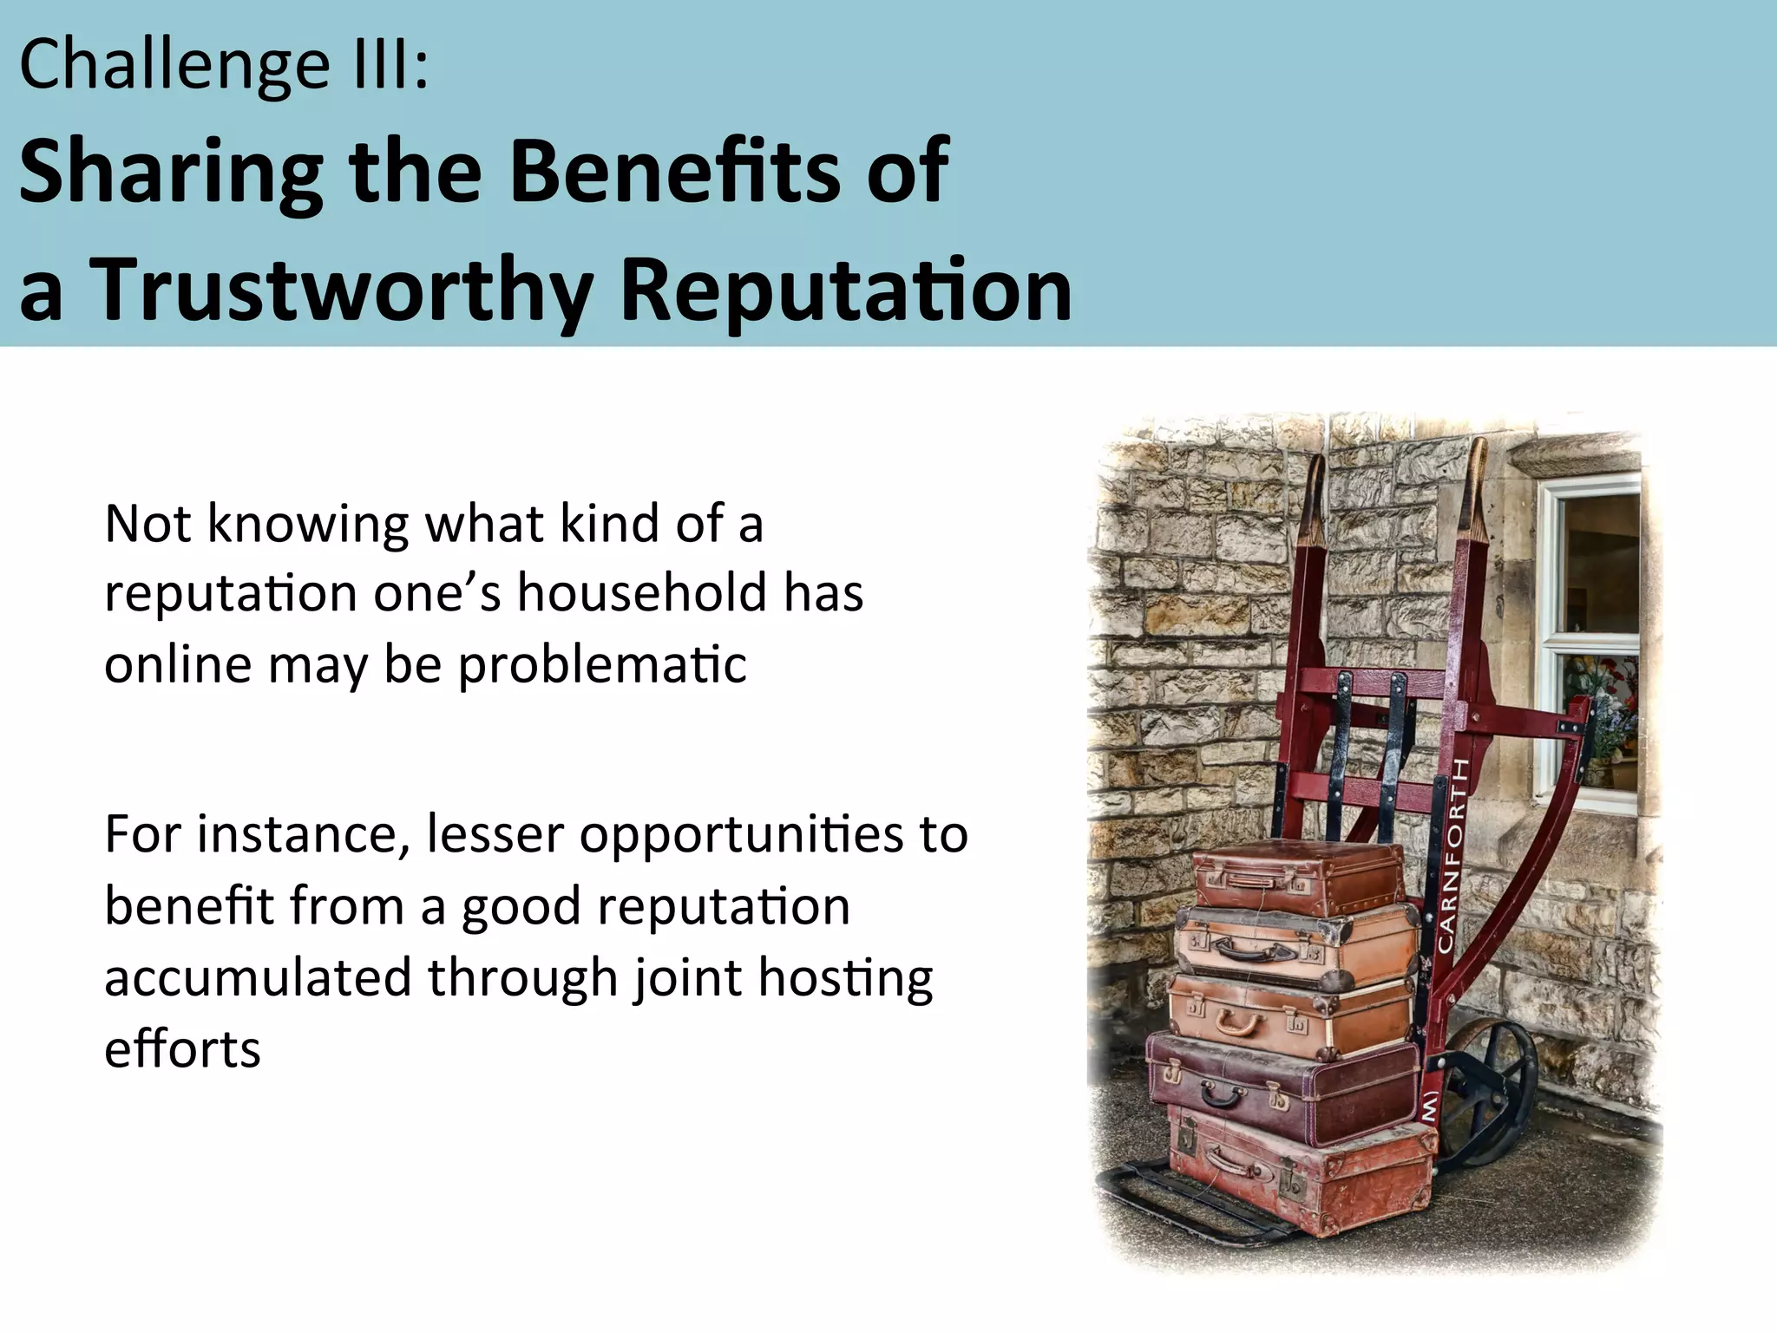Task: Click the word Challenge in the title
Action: pyautogui.click(x=174, y=66)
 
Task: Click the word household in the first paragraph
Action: pyautogui.click(x=642, y=593)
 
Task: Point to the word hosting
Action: pyautogui.click(x=845, y=977)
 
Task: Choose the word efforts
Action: pyautogui.click(x=182, y=1049)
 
